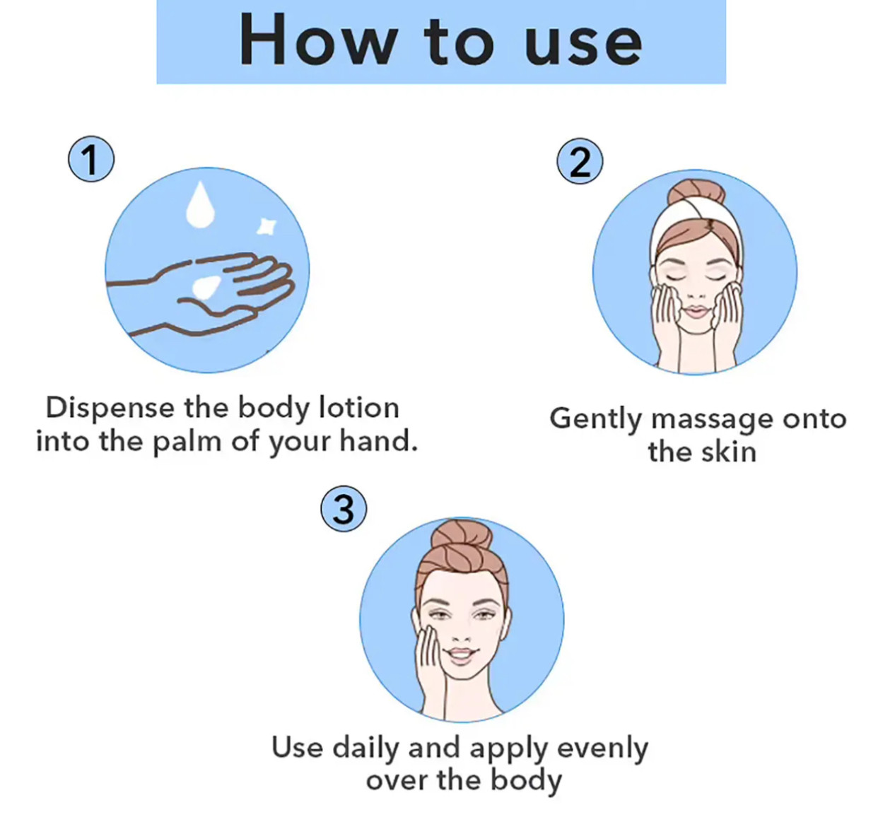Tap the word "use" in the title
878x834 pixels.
(583, 45)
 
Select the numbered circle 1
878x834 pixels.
(91, 160)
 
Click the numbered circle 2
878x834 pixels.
(580, 160)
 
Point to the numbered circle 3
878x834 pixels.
(344, 509)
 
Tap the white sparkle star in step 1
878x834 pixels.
(266, 226)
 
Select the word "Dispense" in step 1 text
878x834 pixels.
(110, 409)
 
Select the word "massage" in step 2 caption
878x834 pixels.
(712, 421)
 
